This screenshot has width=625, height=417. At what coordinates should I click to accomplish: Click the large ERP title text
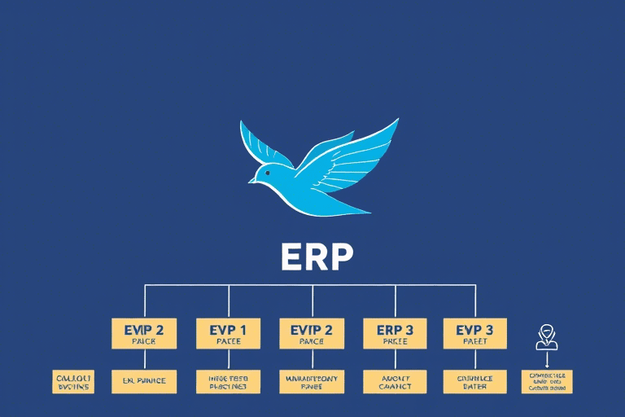coord(317,257)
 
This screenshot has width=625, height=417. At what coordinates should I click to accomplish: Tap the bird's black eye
coord(268,173)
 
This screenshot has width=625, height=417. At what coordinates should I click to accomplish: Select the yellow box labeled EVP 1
coord(228,333)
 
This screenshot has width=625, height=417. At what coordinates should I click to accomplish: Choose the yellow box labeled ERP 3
coord(395,333)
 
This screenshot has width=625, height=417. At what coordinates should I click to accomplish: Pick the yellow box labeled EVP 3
coord(474,333)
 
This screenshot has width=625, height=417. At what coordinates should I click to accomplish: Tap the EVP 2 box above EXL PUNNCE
coord(144,333)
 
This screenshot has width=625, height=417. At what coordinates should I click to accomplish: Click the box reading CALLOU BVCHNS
coord(73,381)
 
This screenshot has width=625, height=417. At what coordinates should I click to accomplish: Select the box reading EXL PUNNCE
coord(144,381)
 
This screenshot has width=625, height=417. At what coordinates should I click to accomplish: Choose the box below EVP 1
coord(228,381)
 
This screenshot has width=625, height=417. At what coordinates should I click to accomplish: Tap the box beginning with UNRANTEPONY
coord(312,381)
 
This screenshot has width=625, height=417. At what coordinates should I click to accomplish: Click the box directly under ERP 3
coord(395,381)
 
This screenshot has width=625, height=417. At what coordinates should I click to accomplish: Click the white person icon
coord(547,336)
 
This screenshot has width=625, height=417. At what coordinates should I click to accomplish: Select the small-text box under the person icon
coord(547,381)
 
